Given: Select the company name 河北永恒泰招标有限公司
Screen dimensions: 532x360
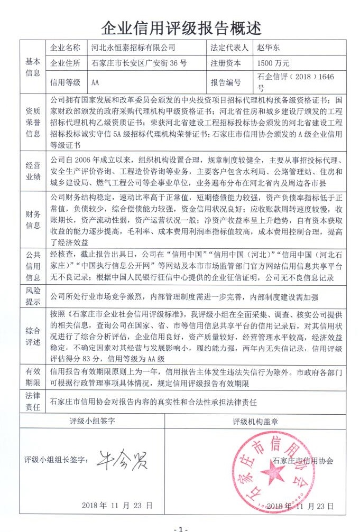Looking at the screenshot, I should point(133,48).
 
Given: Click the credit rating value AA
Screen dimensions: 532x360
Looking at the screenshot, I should point(96,82).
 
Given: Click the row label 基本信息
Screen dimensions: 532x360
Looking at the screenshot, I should point(33,66).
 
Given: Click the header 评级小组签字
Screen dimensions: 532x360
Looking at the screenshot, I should point(93,422).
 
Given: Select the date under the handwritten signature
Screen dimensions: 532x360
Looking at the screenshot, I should point(117,506).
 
